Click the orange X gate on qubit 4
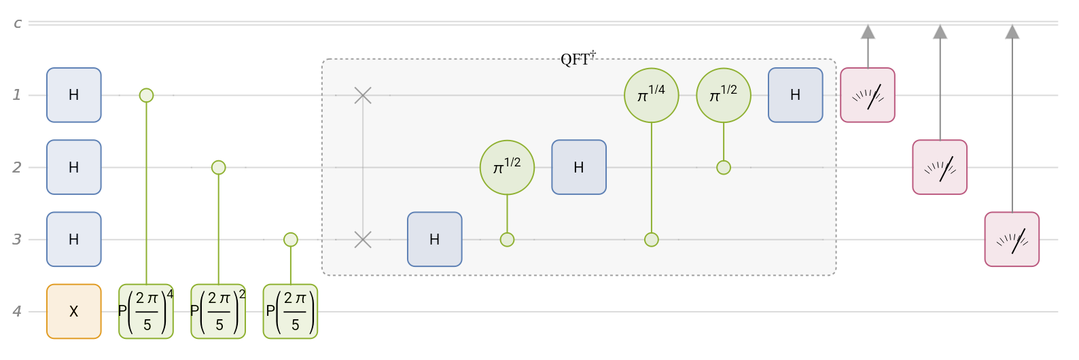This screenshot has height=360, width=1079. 73,311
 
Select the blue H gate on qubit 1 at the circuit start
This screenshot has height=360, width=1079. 73,95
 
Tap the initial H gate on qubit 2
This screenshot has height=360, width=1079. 73,167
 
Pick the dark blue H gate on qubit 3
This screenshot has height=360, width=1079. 73,239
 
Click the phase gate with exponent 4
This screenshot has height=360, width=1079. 146,311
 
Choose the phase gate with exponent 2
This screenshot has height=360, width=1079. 218,311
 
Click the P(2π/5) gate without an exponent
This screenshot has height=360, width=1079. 290,311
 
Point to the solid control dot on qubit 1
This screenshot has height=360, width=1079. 146,95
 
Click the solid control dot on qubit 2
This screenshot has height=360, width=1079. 218,167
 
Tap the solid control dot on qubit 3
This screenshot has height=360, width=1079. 290,239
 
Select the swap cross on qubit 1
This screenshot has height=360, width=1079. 363,95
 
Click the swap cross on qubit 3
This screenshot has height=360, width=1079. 363,239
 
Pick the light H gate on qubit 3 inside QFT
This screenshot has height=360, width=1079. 435,239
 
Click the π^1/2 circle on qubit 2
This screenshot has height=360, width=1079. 507,167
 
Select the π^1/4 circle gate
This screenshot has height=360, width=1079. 652,95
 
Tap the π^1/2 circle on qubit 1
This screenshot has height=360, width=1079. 724,95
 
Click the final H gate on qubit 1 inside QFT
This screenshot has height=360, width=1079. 796,95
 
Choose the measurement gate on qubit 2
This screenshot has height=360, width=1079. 940,167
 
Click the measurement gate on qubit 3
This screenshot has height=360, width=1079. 1012,239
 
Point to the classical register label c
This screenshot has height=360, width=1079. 18,23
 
